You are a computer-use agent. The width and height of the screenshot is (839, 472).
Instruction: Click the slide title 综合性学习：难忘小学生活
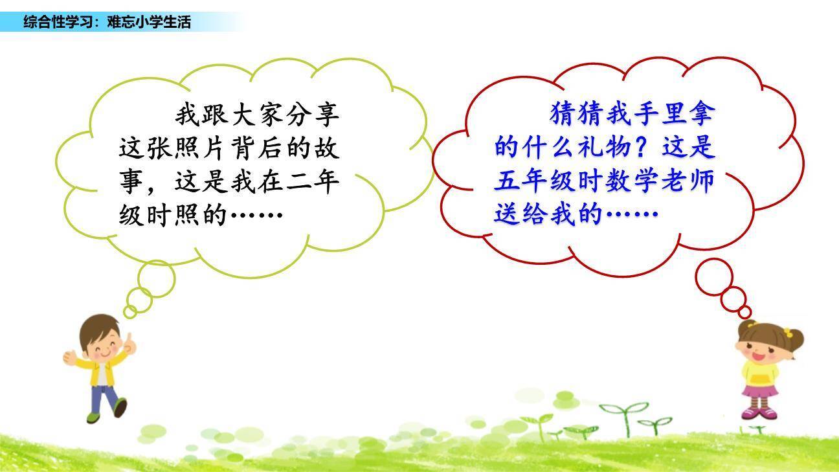[x=107, y=22]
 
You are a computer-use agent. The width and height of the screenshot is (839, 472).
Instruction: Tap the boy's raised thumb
[x=129, y=341]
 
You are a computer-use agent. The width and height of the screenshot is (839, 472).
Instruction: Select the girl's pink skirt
[x=760, y=390]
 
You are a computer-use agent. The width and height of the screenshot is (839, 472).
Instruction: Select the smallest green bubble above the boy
[x=129, y=312]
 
